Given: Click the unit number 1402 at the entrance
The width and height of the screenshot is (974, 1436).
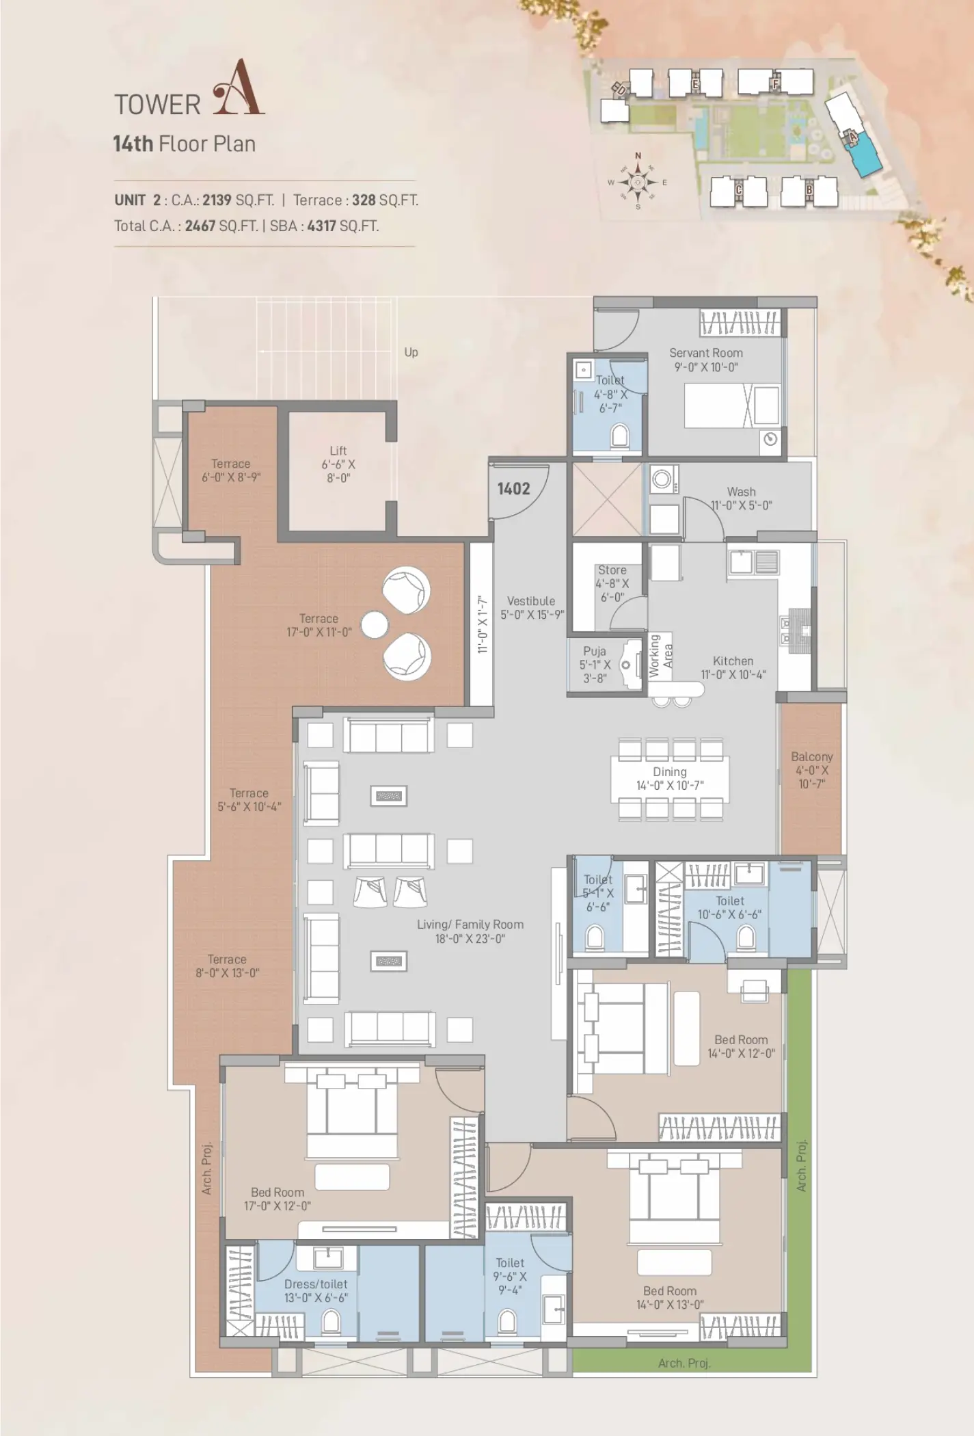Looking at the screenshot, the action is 513,488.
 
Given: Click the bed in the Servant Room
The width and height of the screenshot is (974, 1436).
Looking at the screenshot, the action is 732,405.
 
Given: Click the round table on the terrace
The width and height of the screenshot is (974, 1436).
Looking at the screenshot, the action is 375,625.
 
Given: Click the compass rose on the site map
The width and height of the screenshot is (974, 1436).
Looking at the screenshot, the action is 638,182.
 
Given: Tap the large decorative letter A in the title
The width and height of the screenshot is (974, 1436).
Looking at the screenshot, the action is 239,88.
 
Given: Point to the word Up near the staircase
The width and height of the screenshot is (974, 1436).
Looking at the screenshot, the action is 411,353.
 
